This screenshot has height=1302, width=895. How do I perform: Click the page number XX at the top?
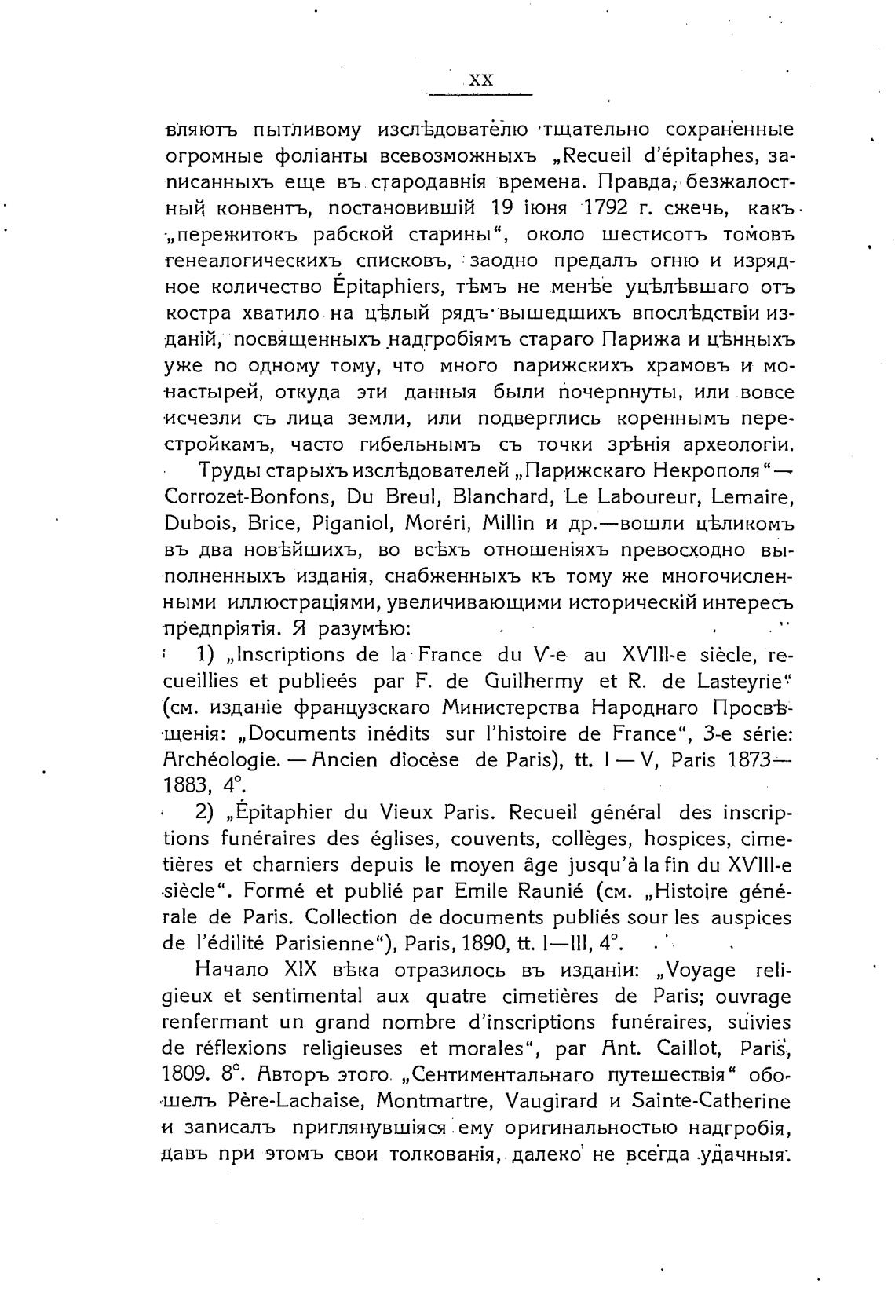tap(480, 81)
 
